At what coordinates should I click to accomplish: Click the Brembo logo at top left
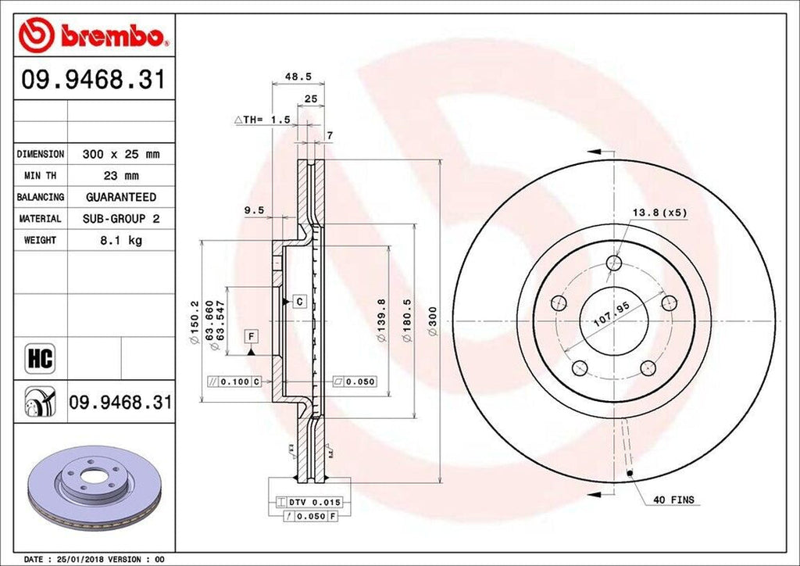(94, 34)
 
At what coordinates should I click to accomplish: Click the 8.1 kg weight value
(120, 240)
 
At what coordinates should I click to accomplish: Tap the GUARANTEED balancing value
(120, 197)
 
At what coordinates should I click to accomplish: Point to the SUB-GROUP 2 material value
(120, 219)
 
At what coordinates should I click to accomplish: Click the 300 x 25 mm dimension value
(120, 155)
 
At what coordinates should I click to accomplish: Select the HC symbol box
(39, 359)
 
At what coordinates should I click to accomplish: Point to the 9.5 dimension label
(253, 210)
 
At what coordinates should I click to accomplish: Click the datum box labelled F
(252, 336)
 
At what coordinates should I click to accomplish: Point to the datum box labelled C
(298, 301)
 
